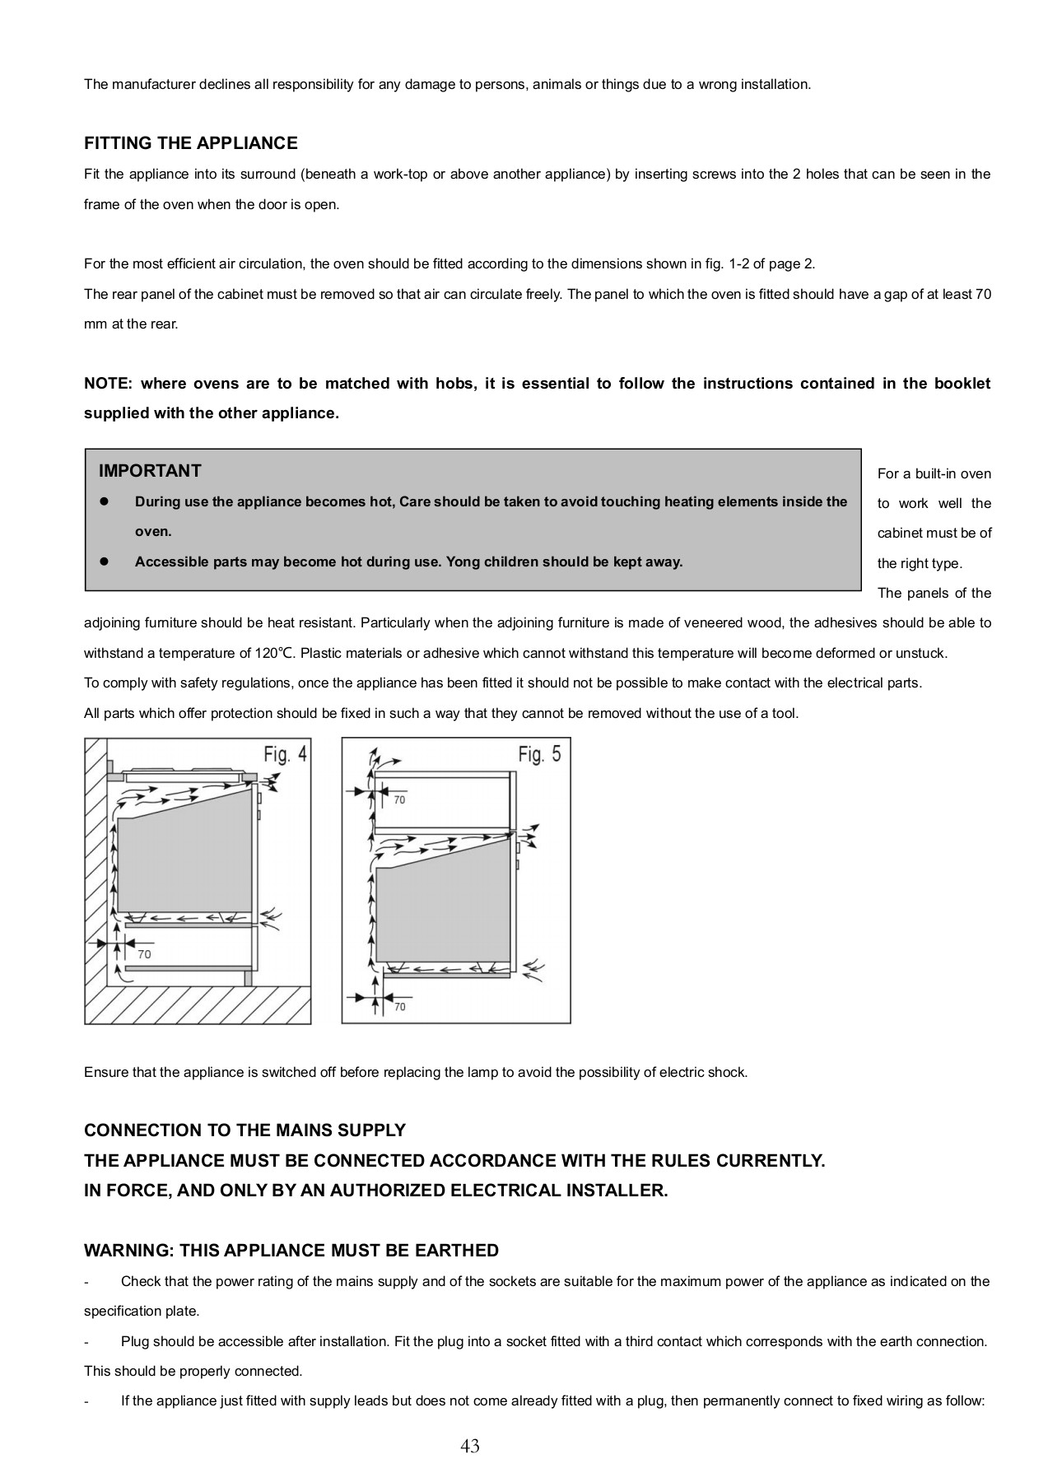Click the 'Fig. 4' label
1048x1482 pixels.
[x=285, y=754]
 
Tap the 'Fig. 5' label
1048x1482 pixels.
[x=539, y=753]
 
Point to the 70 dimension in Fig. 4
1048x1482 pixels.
[x=144, y=954]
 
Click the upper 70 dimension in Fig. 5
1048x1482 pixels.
[x=399, y=799]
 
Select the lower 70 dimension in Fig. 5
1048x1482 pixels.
[x=400, y=1006]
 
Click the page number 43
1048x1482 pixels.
[x=470, y=1445]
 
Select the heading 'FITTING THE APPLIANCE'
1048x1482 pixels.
[x=190, y=143]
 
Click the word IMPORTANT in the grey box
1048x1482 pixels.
[x=150, y=471]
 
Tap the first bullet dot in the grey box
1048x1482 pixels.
[x=105, y=501]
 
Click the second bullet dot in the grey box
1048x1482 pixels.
[x=105, y=562]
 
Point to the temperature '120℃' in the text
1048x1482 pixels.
[x=274, y=653]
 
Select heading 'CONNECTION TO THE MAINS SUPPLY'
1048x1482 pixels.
[x=245, y=1130]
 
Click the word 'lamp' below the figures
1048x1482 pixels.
[x=482, y=1072]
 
